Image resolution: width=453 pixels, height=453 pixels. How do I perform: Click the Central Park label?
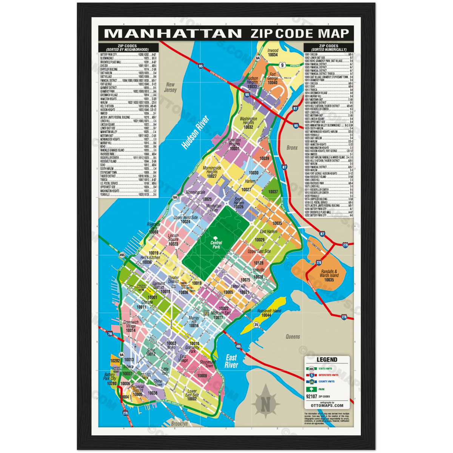point(216,245)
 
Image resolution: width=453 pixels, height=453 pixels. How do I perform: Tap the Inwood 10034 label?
point(273,52)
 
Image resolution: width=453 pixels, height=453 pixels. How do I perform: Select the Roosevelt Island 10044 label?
point(269,313)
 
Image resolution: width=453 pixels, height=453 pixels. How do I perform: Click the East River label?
point(231,361)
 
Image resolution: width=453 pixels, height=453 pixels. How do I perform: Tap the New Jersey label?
point(170,88)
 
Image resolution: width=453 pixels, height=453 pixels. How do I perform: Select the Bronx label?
point(292,148)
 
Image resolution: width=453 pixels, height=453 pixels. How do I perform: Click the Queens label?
point(293,337)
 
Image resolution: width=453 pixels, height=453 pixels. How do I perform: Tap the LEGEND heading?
point(327,360)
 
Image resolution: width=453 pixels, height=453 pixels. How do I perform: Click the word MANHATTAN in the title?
point(173,33)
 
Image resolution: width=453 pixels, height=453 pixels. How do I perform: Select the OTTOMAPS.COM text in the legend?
point(327,405)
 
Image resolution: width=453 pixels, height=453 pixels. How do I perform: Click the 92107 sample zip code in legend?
point(311,397)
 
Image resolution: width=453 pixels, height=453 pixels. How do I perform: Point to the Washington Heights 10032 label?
point(248,123)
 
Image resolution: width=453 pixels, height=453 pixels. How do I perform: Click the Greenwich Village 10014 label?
point(131,327)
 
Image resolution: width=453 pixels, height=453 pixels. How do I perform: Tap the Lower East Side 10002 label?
point(192,395)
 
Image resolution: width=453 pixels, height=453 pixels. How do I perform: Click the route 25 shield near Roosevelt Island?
point(256,324)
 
